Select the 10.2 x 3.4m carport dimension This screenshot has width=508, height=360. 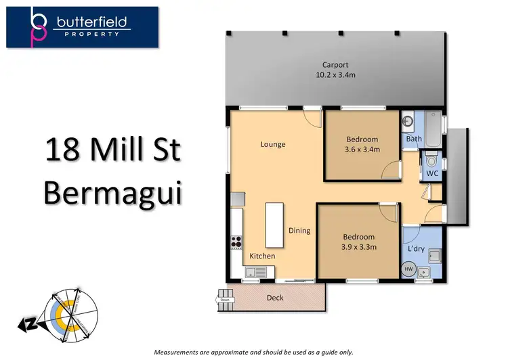[335, 76]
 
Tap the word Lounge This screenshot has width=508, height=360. [273, 144]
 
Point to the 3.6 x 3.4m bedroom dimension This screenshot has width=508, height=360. [362, 150]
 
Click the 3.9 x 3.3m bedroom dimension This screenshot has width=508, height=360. [358, 246]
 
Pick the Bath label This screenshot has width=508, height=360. [413, 139]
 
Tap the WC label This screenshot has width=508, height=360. [431, 174]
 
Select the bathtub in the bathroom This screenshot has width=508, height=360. [431, 126]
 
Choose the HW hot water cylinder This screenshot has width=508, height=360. [408, 269]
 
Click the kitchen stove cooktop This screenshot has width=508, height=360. [237, 242]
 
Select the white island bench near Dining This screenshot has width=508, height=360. [274, 225]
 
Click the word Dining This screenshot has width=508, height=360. [299, 231]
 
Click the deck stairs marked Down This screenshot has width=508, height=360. [224, 298]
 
